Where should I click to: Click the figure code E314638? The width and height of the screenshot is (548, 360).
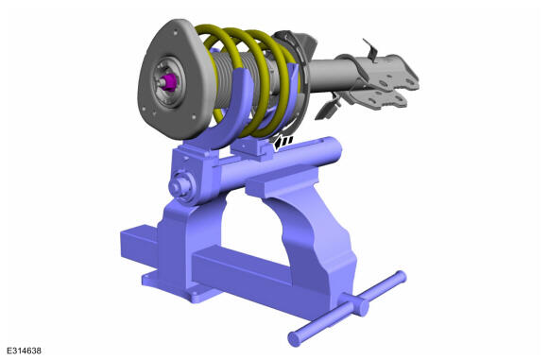click(x=24, y=351)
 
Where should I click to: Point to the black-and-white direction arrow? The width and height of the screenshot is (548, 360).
click(x=283, y=143)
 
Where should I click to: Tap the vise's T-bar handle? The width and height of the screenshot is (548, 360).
click(x=348, y=308)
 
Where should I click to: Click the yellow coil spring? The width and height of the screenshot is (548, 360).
click(x=251, y=80)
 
